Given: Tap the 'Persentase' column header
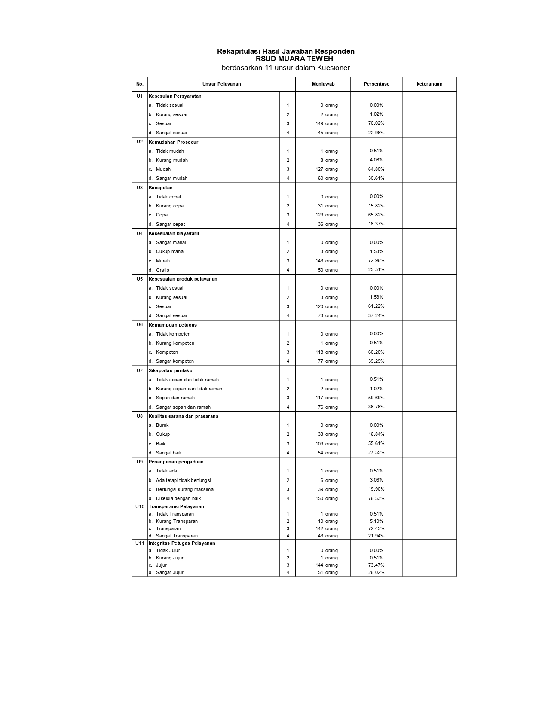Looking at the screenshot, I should click(377, 84).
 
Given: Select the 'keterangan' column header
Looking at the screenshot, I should click(429, 84).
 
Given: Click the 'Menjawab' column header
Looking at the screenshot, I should click(323, 84).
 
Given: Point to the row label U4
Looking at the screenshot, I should click(140, 233).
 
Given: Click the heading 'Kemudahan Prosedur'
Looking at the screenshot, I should click(173, 142).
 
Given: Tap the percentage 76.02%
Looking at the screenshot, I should click(376, 123).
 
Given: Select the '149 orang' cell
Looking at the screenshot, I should click(327, 124).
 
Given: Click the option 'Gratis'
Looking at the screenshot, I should click(162, 270).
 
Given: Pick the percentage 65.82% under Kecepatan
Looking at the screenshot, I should click(376, 215).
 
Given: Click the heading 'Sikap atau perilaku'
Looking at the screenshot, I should click(171, 370).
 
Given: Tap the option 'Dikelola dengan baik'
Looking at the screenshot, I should click(178, 499).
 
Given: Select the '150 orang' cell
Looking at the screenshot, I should click(327, 499).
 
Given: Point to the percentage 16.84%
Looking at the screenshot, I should click(376, 435).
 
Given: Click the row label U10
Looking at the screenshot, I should click(140, 506).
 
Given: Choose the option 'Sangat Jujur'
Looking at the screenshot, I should click(169, 573).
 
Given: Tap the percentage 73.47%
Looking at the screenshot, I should click(376, 565).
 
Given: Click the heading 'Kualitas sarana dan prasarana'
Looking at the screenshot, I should click(184, 417).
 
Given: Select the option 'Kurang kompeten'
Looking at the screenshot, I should click(175, 343).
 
